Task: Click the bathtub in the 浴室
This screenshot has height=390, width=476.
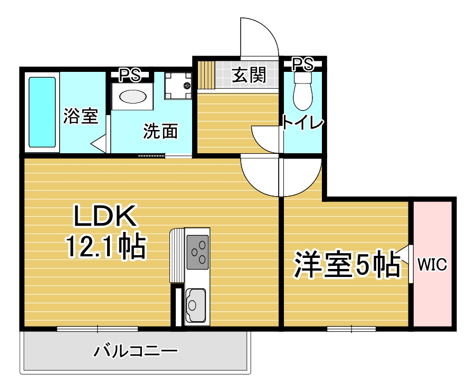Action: point(42,113)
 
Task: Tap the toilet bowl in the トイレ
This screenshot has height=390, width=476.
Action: point(303,91)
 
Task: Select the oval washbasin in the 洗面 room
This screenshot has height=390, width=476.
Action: point(132,97)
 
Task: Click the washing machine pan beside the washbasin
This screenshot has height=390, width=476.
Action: point(178,86)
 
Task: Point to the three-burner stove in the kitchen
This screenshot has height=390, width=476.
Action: point(197,252)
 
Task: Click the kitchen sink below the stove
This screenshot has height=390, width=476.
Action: point(196,305)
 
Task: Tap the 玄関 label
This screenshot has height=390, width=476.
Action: point(249,75)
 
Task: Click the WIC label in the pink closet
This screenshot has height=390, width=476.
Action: point(432,264)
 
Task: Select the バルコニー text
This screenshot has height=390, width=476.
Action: point(136,351)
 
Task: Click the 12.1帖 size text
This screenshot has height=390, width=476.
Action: point(106,246)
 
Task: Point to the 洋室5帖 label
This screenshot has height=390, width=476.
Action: point(347,264)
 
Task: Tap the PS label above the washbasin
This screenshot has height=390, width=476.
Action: point(130,75)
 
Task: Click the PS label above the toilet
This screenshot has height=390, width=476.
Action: point(303,64)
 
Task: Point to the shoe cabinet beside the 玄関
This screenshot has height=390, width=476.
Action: point(206,75)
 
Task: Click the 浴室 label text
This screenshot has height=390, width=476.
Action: point(81,116)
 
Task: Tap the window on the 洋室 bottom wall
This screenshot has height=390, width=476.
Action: point(351,329)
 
